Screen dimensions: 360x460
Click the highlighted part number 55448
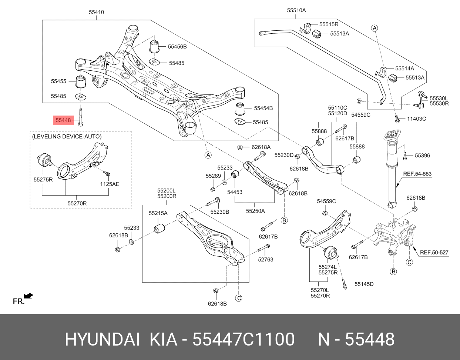pos(63,120)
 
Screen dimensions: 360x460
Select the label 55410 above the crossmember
pos(96,12)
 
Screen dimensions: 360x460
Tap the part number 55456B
pos(177,47)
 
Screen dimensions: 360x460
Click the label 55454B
pos(263,108)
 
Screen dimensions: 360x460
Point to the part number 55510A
pos(296,10)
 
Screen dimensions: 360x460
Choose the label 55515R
pos(329,24)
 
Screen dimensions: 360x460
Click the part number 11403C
pos(416,119)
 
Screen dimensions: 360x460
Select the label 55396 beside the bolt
pos(422,156)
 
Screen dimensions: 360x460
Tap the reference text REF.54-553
pos(417,174)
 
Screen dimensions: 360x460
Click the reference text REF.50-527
pos(434,253)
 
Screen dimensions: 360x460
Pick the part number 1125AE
pos(110,184)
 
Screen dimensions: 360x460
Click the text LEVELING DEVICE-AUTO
pos(67,137)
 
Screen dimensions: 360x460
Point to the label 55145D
pos(364,284)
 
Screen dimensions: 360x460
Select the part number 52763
pos(266,260)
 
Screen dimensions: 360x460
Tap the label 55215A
pos(158,213)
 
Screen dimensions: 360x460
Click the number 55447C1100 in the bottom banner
pos(244,339)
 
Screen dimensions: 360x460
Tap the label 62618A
pos(261,147)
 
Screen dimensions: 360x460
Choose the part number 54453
pos(235,192)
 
